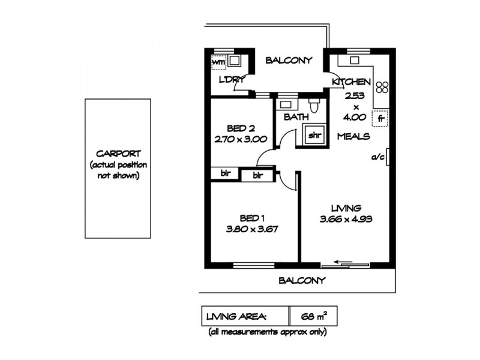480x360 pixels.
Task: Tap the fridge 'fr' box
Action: pyautogui.click(x=379, y=118)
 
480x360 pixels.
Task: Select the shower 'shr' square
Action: pyautogui.click(x=314, y=135)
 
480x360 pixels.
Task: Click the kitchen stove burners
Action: pyautogui.click(x=382, y=88)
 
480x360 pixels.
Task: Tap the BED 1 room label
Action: pyautogui.click(x=252, y=217)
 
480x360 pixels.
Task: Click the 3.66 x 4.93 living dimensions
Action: pyautogui.click(x=346, y=219)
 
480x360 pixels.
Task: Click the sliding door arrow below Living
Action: pyautogui.click(x=343, y=262)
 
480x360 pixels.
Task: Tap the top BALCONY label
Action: pyautogui.click(x=289, y=60)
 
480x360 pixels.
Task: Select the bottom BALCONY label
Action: pyautogui.click(x=302, y=280)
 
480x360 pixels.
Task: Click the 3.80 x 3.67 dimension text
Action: pyautogui.click(x=252, y=229)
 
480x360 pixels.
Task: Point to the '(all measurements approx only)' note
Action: pyautogui.click(x=267, y=332)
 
